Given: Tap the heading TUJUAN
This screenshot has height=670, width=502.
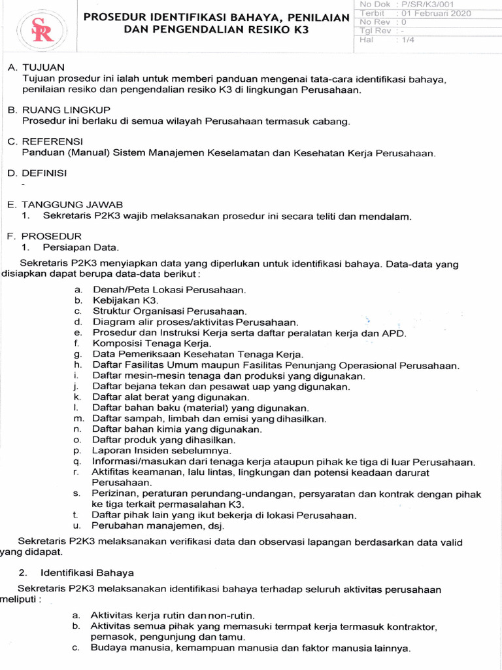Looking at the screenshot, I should coord(44,68).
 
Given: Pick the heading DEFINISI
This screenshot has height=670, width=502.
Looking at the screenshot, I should coord(49,173).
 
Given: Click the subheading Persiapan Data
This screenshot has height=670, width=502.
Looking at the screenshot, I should coord(81,247).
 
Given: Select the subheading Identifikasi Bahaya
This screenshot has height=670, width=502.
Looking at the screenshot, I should coord(86,572).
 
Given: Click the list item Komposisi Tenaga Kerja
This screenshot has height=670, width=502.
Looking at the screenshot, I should coord(144,343).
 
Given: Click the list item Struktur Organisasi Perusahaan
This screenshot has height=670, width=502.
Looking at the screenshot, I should coord(169,311).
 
